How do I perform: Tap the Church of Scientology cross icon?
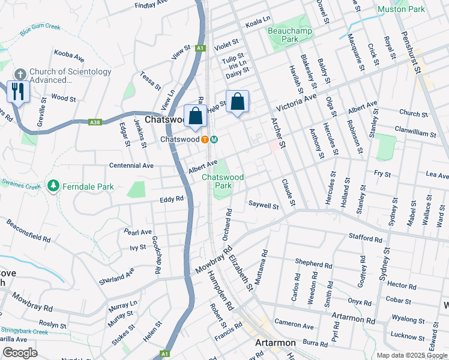(19, 74)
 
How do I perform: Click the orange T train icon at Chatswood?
(205, 139)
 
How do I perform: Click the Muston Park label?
(401, 9)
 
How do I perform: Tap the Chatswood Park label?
(223, 181)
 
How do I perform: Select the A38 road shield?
(94, 122)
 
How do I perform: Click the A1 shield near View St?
(200, 48)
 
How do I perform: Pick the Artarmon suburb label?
(277, 343)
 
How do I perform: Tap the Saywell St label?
(264, 206)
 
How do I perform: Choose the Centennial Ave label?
(131, 165)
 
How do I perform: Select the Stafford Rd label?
(365, 239)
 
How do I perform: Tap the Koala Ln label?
(258, 23)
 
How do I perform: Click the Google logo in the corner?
(20, 353)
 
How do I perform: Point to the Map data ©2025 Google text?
(412, 355)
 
